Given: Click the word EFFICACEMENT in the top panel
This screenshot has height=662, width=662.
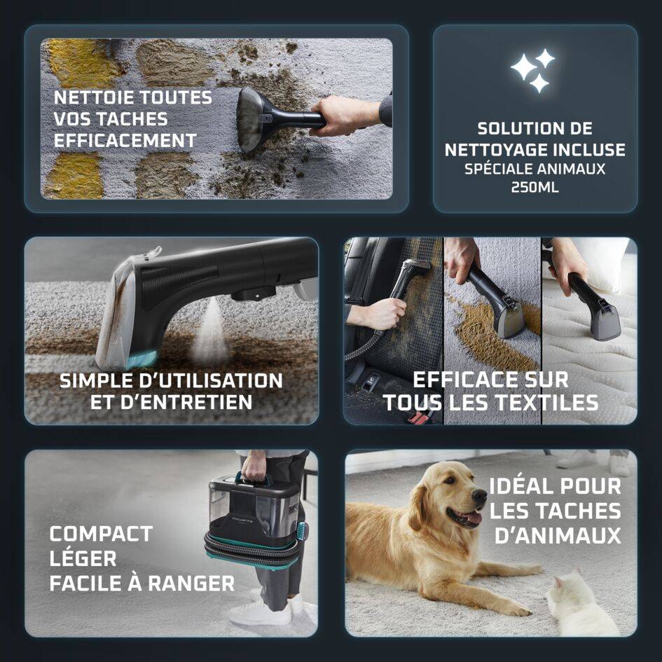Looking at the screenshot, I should coord(125,140).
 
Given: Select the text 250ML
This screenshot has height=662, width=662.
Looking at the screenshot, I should coord(535,188).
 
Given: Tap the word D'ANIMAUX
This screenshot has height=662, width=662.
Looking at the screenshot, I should coord(558,536).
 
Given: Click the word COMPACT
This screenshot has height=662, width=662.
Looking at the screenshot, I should coord(100,534).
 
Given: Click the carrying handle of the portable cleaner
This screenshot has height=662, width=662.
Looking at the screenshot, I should coord(254,477).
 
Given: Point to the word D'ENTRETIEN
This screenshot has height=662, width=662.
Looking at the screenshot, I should coord(171,403).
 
